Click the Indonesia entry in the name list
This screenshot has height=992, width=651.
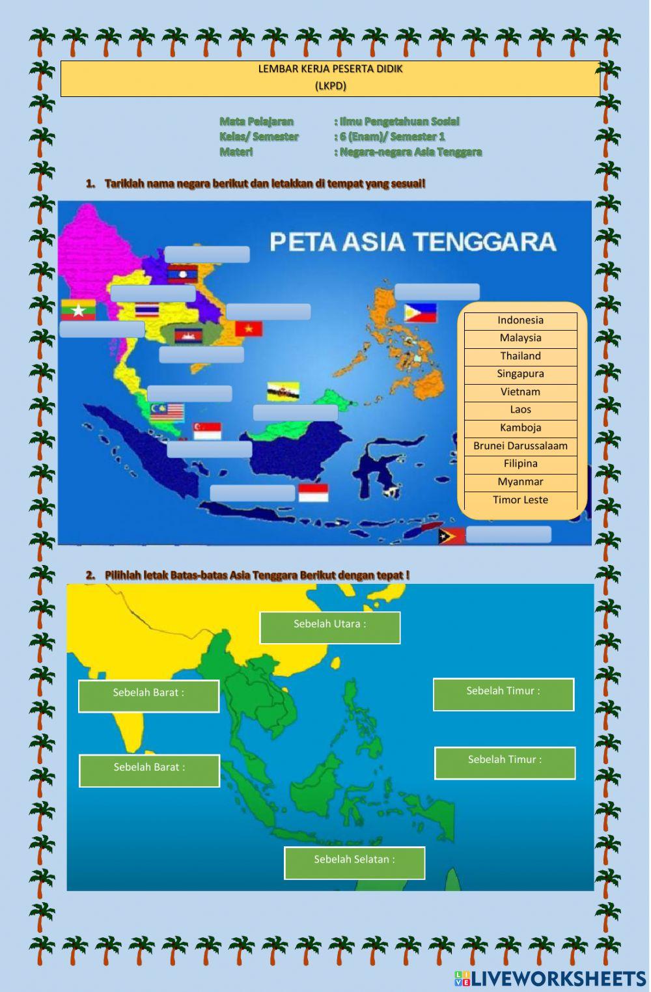[520, 320]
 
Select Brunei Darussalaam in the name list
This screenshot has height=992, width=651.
[520, 446]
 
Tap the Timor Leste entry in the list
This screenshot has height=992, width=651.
[520, 500]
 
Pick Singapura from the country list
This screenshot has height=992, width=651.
[520, 374]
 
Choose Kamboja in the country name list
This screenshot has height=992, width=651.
[520, 428]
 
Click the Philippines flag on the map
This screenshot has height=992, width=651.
[420, 312]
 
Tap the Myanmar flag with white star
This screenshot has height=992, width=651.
[78, 310]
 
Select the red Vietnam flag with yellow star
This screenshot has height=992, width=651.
[248, 329]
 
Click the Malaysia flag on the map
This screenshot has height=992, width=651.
[167, 411]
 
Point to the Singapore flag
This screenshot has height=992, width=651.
[207, 431]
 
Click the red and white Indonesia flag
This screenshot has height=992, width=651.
[313, 493]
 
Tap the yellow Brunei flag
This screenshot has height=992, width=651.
[283, 391]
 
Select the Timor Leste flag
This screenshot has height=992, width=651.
[452, 536]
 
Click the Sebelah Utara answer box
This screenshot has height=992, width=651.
[330, 627]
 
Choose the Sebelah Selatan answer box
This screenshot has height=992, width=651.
[354, 862]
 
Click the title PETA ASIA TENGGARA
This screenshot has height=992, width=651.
[413, 242]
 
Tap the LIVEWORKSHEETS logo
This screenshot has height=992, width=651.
[550, 978]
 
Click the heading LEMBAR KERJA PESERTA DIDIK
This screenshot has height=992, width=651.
[330, 69]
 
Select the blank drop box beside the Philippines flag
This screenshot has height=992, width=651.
[437, 292]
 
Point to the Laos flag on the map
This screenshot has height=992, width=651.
[182, 273]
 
